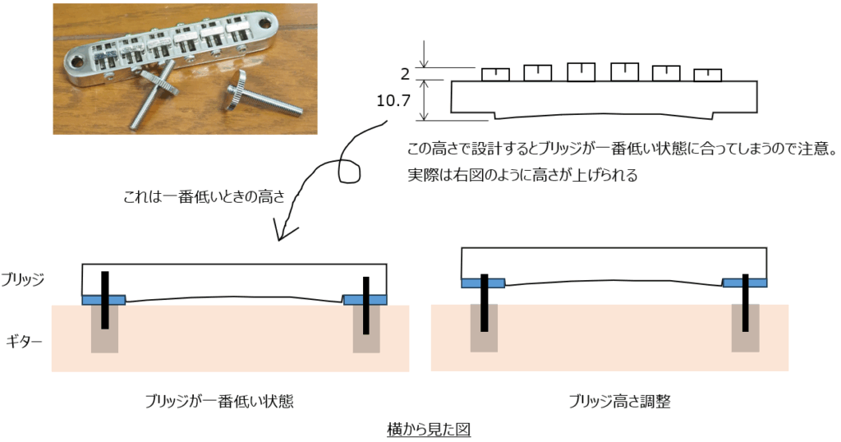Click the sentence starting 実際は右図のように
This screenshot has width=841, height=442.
point(522,175)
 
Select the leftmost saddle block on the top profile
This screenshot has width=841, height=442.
point(495,74)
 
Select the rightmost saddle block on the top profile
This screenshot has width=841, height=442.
point(707,75)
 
